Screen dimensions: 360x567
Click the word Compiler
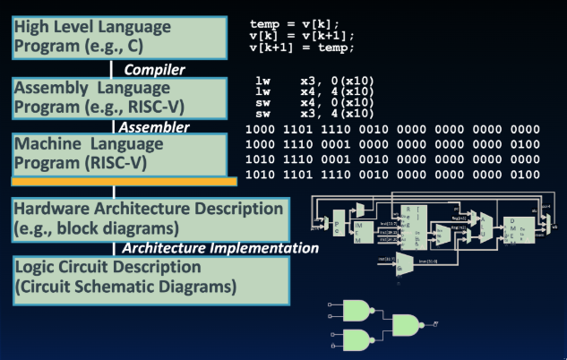pyautogui.click(x=153, y=69)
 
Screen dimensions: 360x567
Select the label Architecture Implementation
pyautogui.click(x=219, y=248)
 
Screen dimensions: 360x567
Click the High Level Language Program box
pyautogui.click(x=114, y=36)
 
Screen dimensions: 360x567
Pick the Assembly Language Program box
pyautogui.click(x=114, y=99)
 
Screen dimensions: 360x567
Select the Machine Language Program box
pyautogui.click(x=114, y=155)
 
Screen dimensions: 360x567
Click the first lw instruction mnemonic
pyautogui.click(x=262, y=81)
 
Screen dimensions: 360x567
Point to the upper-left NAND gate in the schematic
pyautogui.click(x=354, y=312)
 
